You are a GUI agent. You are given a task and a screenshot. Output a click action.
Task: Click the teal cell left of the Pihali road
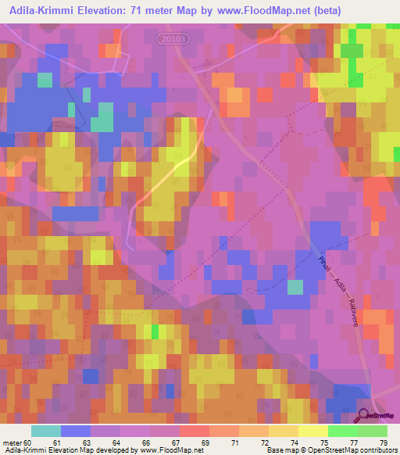point(295,287)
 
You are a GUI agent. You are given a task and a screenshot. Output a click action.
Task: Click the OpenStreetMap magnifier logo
point(363,416)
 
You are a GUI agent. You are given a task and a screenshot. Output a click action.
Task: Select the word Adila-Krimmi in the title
point(50,10)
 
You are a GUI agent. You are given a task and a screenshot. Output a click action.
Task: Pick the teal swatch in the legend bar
point(45,431)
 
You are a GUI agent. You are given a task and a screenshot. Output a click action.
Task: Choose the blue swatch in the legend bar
point(75,431)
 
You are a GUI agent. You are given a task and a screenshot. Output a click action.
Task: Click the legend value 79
point(382,442)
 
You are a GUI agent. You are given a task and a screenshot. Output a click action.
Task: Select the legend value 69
point(205,442)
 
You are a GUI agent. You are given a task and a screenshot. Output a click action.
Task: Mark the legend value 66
point(145,442)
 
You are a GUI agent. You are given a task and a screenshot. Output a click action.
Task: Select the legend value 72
point(264,442)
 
